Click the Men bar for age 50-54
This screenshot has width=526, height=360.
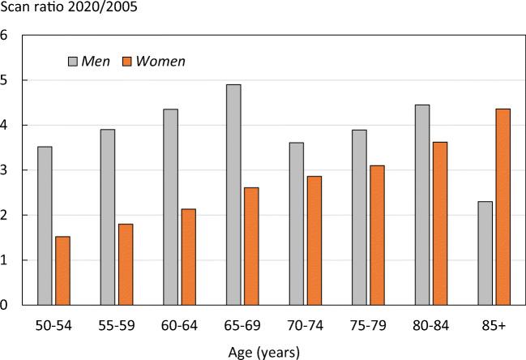click(x=45, y=226)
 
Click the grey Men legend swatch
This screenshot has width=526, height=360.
click(x=72, y=62)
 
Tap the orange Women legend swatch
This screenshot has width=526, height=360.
click(x=126, y=62)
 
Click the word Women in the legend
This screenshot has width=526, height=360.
click(x=160, y=62)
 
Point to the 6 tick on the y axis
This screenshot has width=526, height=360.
click(x=5, y=36)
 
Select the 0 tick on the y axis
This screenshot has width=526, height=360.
click(x=5, y=306)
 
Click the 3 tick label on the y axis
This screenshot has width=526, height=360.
click(x=5, y=171)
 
